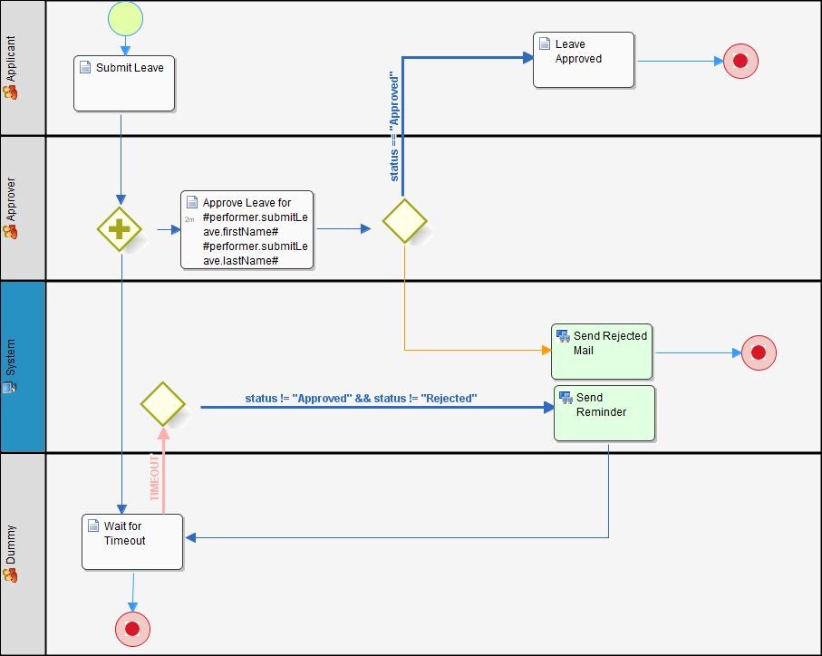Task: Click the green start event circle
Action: click(125, 18)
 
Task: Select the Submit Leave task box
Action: click(124, 83)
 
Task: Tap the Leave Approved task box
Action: click(584, 60)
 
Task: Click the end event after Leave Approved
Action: click(740, 61)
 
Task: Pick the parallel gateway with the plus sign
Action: click(120, 229)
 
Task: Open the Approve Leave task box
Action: click(247, 229)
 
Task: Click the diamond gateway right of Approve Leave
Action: click(405, 220)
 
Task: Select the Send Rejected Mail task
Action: click(602, 352)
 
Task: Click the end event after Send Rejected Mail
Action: click(759, 352)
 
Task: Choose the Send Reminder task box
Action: click(604, 413)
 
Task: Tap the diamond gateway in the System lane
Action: click(162, 404)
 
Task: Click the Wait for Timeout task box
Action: click(132, 542)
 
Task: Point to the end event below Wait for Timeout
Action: click(132, 629)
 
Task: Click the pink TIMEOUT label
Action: click(155, 478)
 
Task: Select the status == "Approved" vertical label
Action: click(394, 127)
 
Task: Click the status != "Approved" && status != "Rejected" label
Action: click(361, 398)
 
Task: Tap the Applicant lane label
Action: click(11, 59)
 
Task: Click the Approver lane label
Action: click(11, 199)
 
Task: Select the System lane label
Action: click(11, 357)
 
